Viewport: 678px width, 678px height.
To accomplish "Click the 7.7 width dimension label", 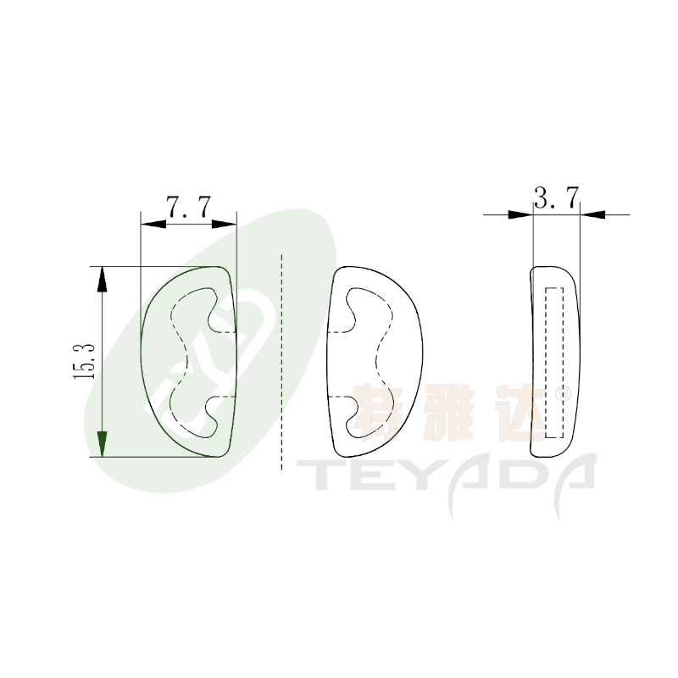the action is (x=189, y=208).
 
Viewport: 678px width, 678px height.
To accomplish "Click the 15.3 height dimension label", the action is (x=84, y=362).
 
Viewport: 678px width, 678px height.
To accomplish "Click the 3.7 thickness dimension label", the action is (x=557, y=198).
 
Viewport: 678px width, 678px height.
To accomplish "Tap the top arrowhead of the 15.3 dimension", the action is (x=102, y=280).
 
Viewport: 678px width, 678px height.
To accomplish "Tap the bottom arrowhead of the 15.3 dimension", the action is (x=102, y=444).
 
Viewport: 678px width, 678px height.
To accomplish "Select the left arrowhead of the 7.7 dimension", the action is (x=153, y=224).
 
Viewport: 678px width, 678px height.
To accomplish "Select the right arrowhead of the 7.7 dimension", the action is (x=225, y=224).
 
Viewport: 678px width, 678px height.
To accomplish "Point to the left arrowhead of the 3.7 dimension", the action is (x=520, y=214).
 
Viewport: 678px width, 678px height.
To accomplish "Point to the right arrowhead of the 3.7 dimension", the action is (x=592, y=214).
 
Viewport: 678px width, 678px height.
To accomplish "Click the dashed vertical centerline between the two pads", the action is (x=281, y=362).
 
